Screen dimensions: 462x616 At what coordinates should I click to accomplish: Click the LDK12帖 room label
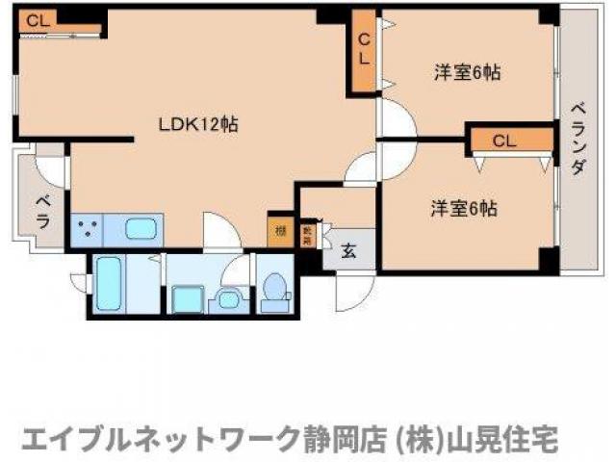click(x=198, y=124)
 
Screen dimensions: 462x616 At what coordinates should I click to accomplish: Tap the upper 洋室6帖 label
click(x=467, y=71)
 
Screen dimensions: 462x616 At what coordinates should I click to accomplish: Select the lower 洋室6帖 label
click(x=464, y=207)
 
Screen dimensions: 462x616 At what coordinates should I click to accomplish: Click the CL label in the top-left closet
click(x=35, y=19)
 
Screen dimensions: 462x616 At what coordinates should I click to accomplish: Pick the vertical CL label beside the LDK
click(x=364, y=48)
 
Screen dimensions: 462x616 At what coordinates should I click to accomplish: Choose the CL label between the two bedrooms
click(x=504, y=141)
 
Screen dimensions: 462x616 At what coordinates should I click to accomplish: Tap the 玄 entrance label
click(x=348, y=252)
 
